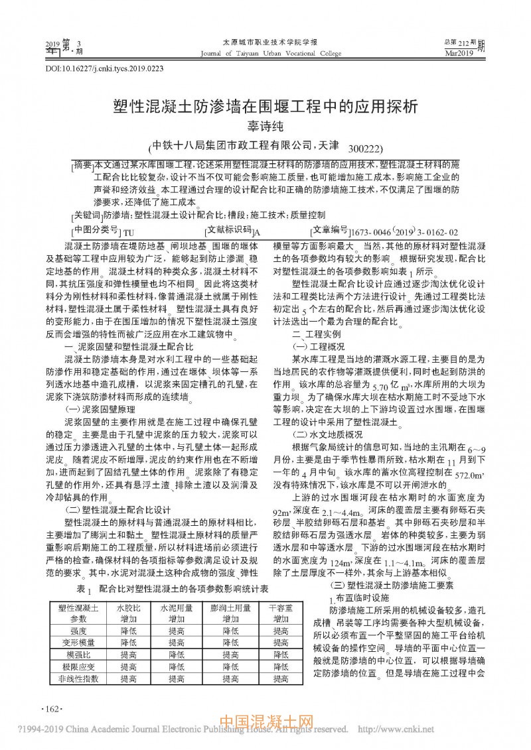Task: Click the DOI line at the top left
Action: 104,68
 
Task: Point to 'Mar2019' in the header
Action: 459,53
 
